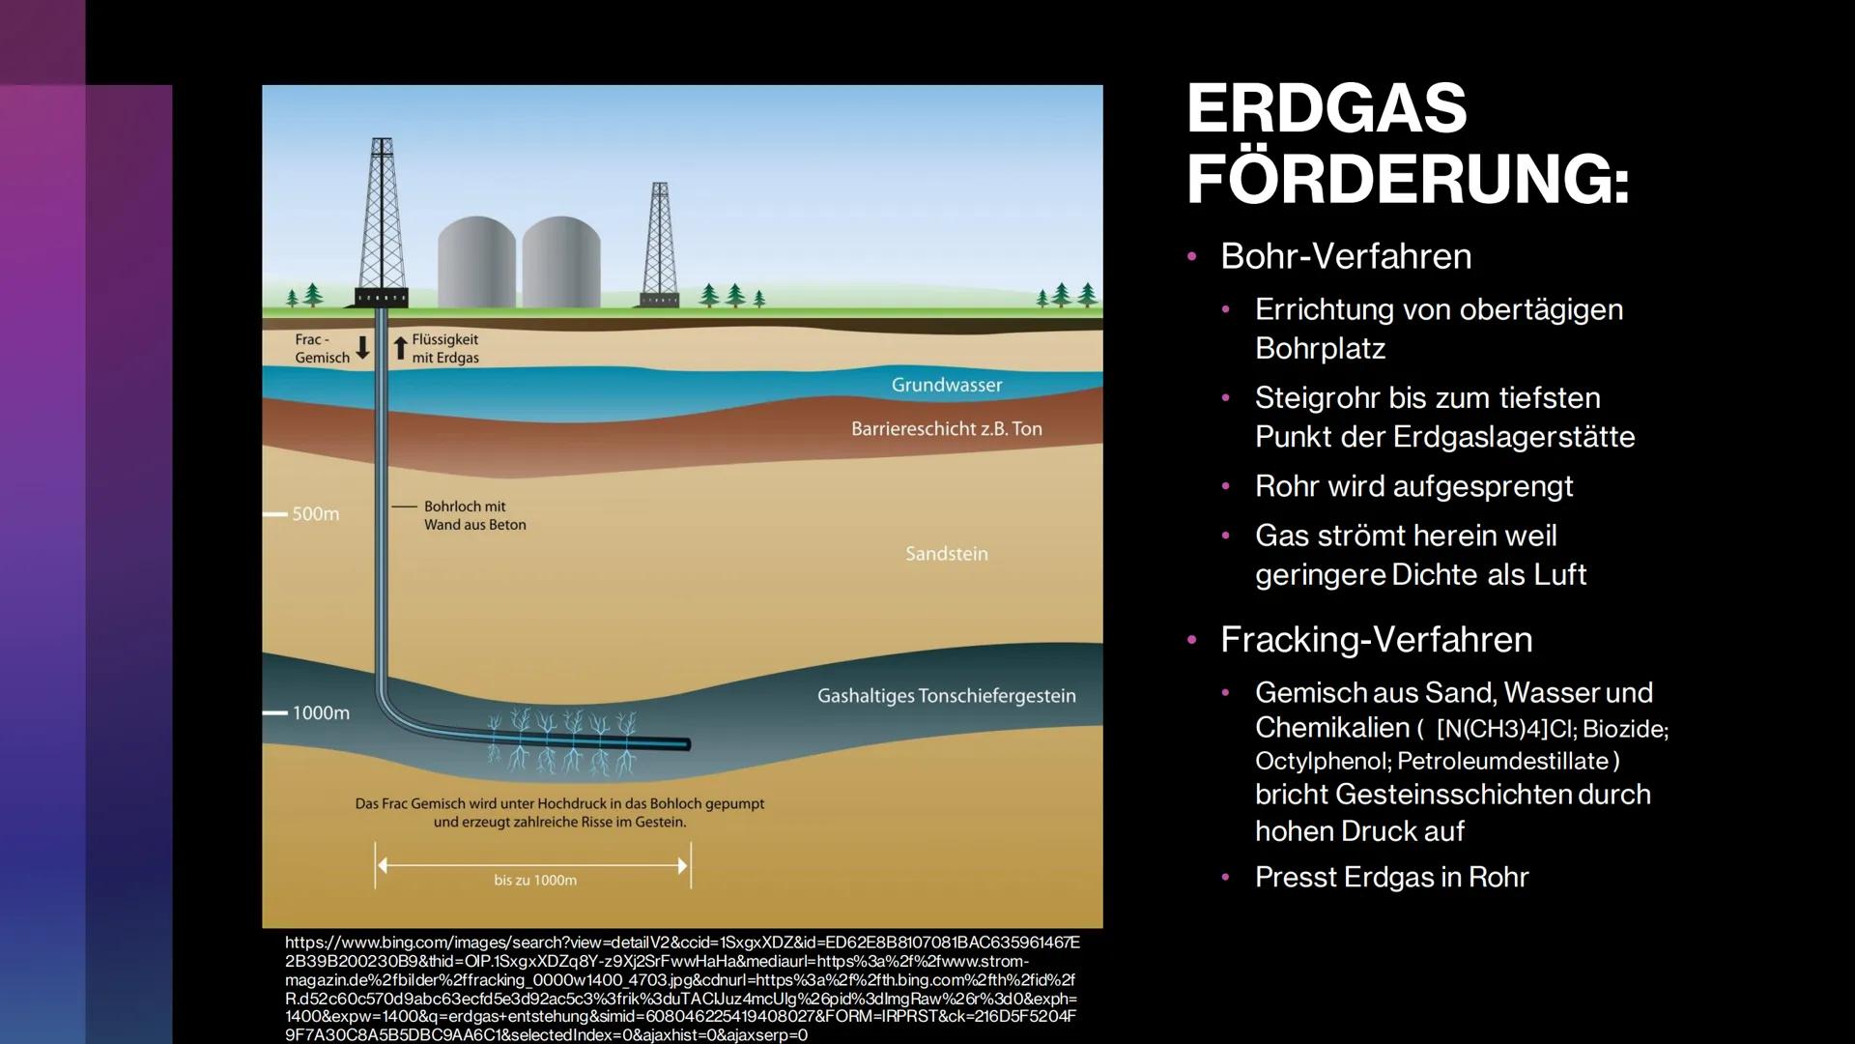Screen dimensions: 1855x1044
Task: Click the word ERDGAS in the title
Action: coord(1327,108)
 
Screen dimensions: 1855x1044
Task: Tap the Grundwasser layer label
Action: coord(947,385)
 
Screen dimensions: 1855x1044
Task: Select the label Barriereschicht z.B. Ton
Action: coord(947,428)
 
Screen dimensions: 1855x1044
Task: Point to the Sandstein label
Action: coord(947,554)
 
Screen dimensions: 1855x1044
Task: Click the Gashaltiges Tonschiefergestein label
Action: coord(947,696)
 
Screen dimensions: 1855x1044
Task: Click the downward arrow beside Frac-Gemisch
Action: coord(362,348)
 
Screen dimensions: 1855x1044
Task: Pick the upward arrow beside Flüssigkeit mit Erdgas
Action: coord(400,348)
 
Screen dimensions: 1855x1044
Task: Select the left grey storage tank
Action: coord(476,262)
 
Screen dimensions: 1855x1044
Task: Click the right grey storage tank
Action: coord(561,262)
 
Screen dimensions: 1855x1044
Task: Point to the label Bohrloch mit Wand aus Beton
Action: coord(475,515)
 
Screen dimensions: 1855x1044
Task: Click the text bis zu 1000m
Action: coord(535,881)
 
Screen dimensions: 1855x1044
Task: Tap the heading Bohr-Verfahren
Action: coord(1346,256)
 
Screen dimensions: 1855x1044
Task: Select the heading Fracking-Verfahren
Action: coord(1376,639)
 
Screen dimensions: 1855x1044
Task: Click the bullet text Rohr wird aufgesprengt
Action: coord(1413,486)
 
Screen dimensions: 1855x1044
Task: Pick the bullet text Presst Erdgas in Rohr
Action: coord(1391,878)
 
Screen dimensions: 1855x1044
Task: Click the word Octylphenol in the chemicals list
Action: coord(1322,762)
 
